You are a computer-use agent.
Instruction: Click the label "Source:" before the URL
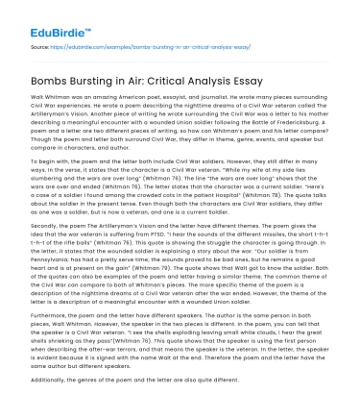(40, 45)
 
